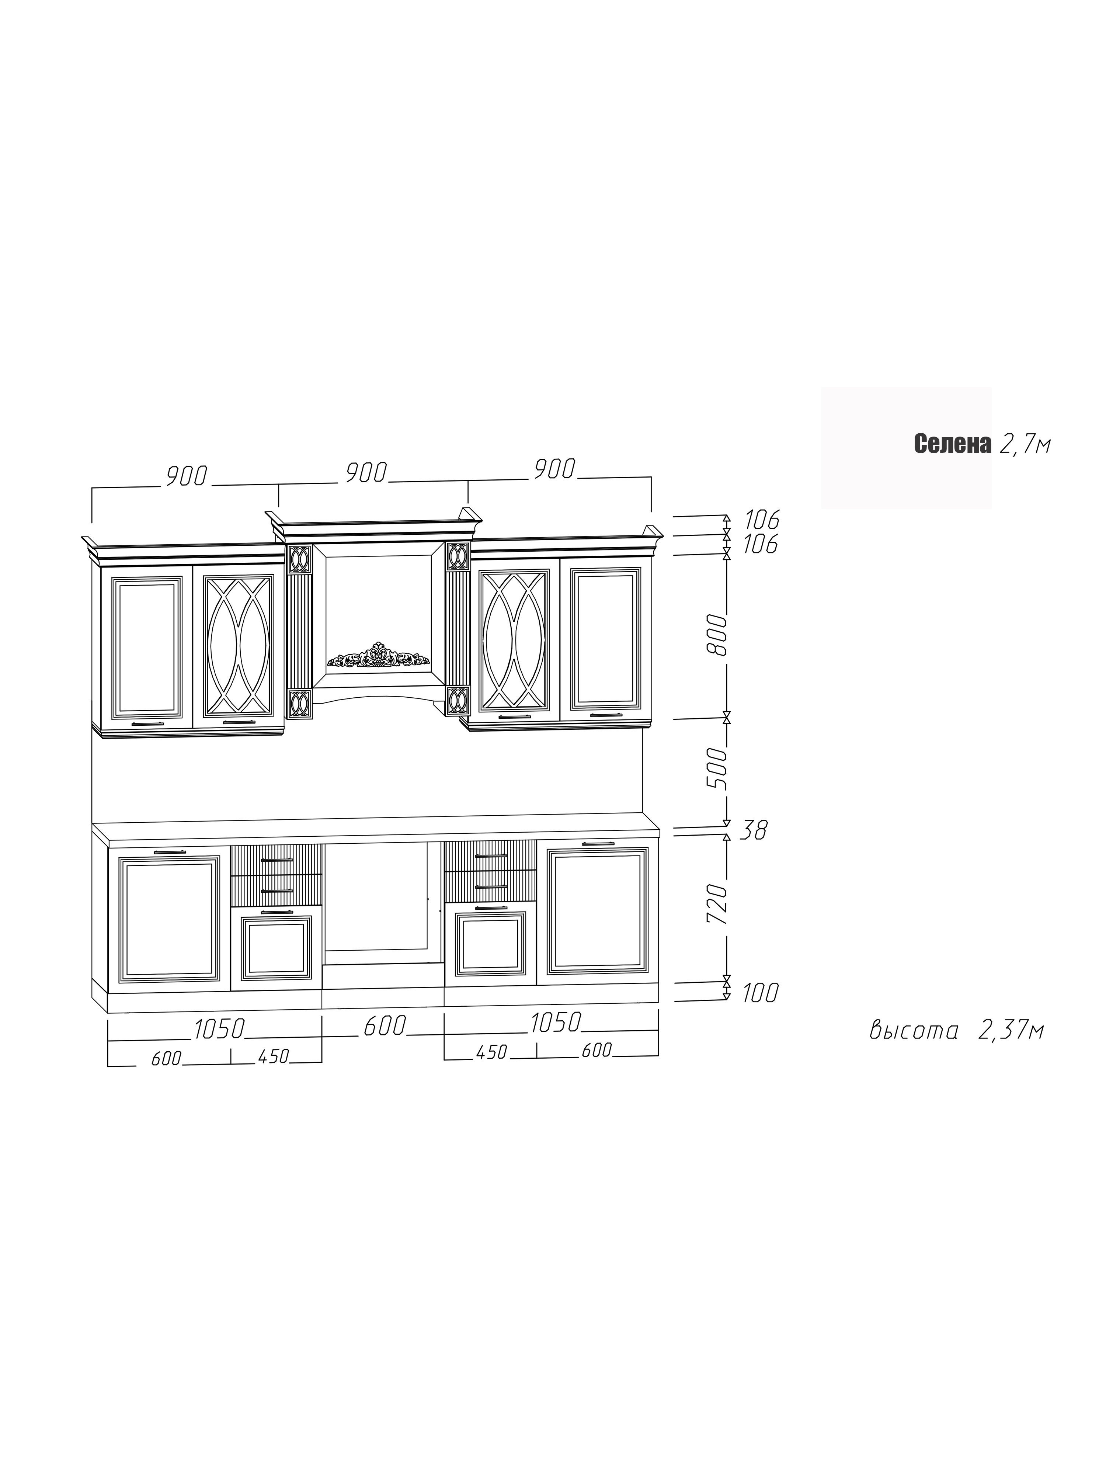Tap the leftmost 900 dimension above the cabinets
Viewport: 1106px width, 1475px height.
tap(187, 476)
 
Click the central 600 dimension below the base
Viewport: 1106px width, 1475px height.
tap(384, 1025)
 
